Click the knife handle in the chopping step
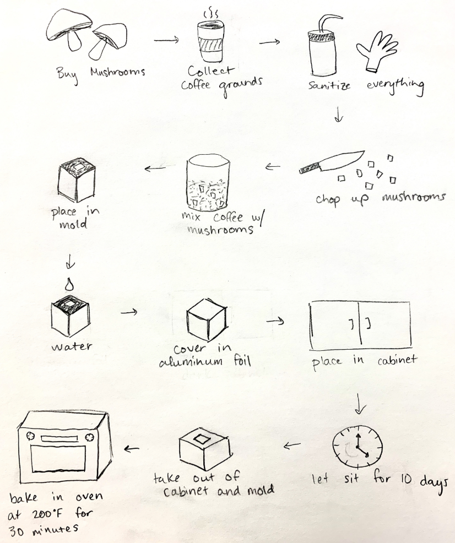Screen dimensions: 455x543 tap(309, 169)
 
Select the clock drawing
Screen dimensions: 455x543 tap(357, 447)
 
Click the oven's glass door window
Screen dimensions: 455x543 tap(58, 459)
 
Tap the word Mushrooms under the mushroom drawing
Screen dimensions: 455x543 tap(117, 72)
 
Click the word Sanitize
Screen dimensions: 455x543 tap(329, 85)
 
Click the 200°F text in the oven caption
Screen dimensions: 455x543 tap(48, 514)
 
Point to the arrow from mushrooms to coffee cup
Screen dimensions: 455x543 tap(166, 40)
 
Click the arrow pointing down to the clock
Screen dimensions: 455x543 tap(360, 404)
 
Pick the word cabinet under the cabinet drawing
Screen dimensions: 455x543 tap(397, 360)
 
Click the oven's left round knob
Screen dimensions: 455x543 tap(30, 435)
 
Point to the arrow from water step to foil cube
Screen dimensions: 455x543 tap(129, 312)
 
